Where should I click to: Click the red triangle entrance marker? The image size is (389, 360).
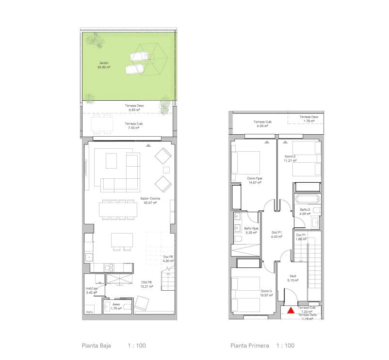(x=291, y=311)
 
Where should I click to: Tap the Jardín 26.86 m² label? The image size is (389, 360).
(x=103, y=65)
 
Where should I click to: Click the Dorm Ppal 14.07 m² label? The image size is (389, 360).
(x=255, y=181)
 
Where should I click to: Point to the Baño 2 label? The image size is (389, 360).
(x=305, y=212)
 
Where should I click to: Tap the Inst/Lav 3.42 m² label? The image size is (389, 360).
(x=92, y=290)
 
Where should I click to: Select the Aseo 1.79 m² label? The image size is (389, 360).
(x=116, y=306)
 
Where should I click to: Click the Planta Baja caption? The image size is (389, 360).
(x=97, y=345)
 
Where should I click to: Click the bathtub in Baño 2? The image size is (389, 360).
(x=307, y=199)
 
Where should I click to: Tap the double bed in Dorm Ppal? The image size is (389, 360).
(x=246, y=162)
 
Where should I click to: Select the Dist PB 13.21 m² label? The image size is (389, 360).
(x=147, y=284)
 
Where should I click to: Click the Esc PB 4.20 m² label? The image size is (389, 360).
(x=168, y=259)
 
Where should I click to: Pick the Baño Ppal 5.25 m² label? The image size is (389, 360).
(x=251, y=230)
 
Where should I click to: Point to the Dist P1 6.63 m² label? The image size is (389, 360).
(x=277, y=235)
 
